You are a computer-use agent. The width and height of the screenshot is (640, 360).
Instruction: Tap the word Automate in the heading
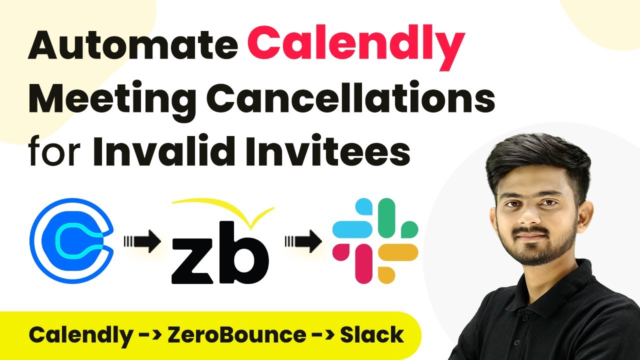tap(133, 45)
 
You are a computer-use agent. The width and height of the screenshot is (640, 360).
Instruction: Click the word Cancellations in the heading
tap(350, 96)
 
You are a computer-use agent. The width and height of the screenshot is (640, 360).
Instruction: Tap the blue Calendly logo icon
tap(71, 240)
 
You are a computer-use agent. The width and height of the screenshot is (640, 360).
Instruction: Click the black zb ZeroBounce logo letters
tap(220, 252)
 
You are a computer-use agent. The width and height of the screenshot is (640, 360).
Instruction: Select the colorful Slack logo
tap(375, 240)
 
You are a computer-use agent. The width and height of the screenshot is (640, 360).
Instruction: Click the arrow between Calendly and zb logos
tap(142, 241)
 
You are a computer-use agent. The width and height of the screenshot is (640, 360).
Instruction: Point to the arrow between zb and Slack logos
tap(303, 241)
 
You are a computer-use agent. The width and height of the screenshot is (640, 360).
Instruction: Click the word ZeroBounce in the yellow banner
tap(236, 334)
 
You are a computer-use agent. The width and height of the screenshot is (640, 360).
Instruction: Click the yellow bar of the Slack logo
tap(398, 252)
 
